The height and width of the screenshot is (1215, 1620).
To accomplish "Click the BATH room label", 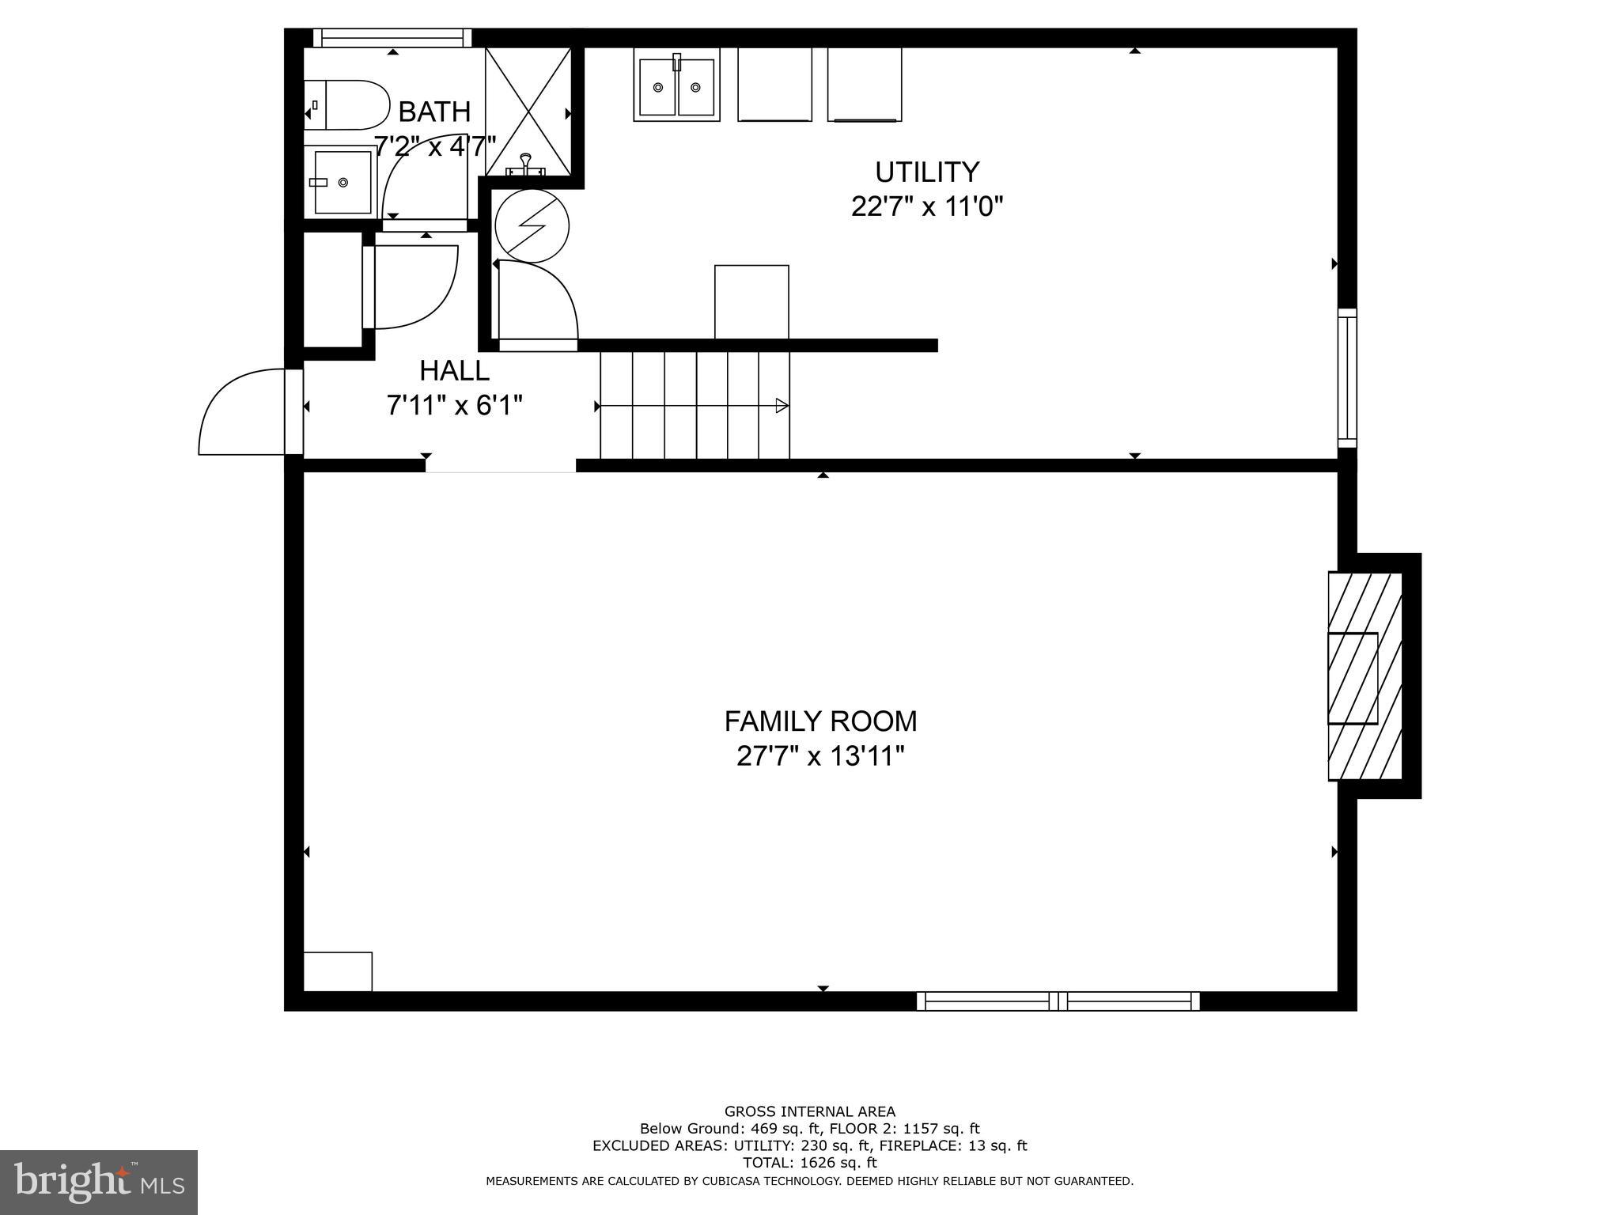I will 434,112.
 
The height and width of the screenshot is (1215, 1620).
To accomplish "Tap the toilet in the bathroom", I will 348,104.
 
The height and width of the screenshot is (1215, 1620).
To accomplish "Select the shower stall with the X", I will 528,111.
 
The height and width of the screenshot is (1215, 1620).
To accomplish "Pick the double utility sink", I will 676,85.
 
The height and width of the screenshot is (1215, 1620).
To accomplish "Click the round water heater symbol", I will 532,225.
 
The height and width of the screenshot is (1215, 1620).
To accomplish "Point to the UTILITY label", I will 927,172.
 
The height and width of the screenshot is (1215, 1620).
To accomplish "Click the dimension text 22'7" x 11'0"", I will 927,207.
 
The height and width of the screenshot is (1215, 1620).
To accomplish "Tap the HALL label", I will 454,370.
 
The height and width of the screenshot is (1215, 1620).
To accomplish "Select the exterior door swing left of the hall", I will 241,413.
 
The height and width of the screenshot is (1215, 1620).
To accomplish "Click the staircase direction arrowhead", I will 782,406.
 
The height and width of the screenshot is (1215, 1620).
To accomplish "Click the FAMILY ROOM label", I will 820,721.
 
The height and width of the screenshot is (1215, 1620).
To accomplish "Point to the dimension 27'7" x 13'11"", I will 820,757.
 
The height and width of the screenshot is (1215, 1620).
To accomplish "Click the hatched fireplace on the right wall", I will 1365,676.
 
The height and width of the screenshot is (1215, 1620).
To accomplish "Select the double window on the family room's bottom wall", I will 1058,1001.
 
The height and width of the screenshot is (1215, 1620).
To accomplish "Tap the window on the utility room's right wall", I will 1347,378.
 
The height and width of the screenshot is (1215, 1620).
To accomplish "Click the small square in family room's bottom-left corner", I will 338,971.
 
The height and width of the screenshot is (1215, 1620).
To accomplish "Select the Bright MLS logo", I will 98,1182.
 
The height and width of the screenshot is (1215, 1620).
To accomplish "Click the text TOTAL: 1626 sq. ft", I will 809,1163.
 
